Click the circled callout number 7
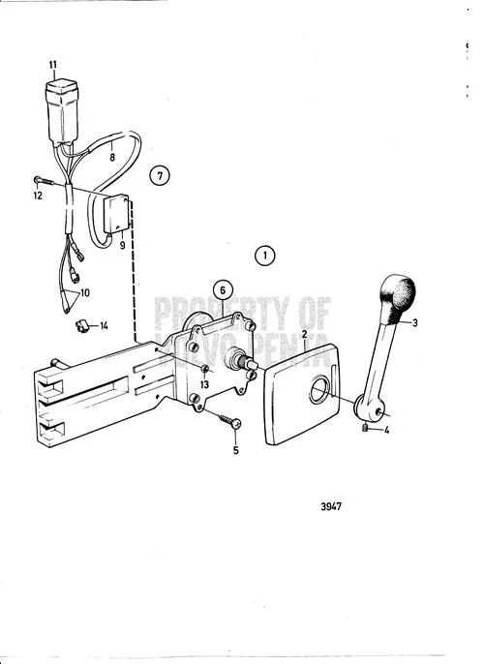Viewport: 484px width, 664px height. click(x=160, y=175)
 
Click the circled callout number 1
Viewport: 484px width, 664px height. click(x=265, y=256)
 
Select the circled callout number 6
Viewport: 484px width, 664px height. click(x=223, y=290)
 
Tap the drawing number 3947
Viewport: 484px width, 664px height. click(x=331, y=506)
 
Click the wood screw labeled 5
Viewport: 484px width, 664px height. click(x=229, y=420)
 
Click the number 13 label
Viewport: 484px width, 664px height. click(x=204, y=384)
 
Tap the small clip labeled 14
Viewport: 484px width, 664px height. click(x=81, y=326)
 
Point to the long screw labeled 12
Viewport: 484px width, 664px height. click(x=44, y=181)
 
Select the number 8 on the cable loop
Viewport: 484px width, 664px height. click(x=112, y=158)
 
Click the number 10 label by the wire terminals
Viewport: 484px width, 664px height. click(x=85, y=292)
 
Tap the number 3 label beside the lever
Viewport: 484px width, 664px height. click(x=415, y=323)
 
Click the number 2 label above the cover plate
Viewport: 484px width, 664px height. click(x=304, y=335)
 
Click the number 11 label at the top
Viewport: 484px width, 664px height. click(x=52, y=65)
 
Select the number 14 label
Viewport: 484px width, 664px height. click(x=104, y=325)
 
